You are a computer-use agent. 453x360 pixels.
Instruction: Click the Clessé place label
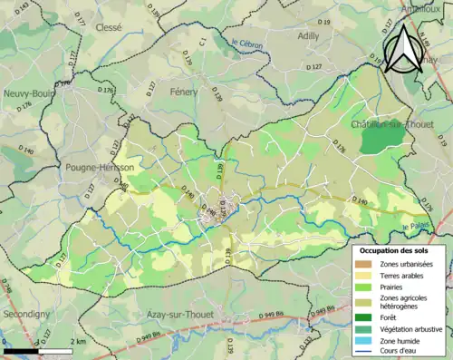(x=108, y=28)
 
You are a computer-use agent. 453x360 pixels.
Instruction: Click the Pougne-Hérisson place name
(x=100, y=168)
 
